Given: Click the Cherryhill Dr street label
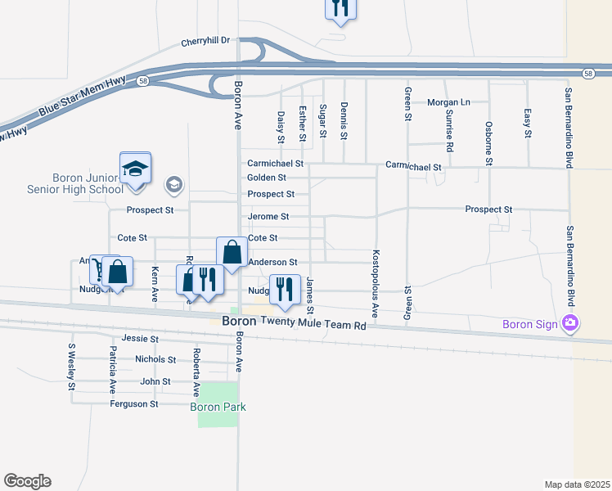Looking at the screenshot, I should point(207,39).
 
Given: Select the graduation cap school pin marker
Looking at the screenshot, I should point(135,169).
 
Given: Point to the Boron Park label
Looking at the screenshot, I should point(218,407).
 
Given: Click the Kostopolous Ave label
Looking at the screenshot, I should point(376,283).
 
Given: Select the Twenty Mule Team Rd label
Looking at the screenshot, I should point(314,325).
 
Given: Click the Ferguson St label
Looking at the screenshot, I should point(135,404).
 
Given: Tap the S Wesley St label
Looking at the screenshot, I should point(72,365).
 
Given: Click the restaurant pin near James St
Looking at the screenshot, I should point(284,290).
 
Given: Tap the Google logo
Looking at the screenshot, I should point(27,480).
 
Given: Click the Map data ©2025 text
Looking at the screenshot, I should point(576,484).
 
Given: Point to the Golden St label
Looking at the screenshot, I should point(267,178).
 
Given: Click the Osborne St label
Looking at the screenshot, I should point(488,143).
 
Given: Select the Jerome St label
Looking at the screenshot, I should point(268,217).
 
